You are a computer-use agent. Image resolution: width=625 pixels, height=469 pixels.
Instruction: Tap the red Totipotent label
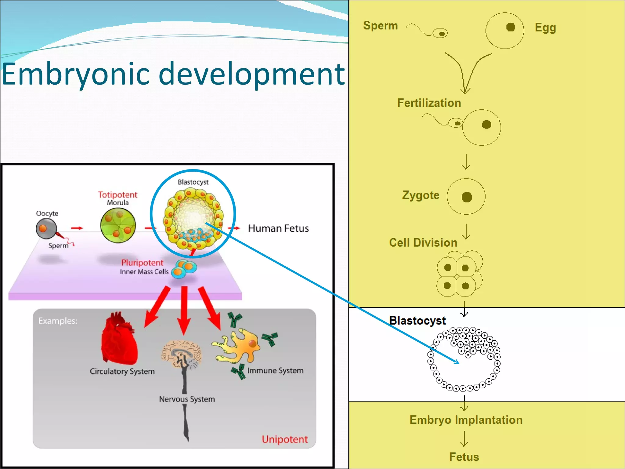pyautogui.click(x=117, y=195)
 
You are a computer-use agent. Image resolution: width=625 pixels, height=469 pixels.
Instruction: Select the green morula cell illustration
pyautogui.click(x=118, y=225)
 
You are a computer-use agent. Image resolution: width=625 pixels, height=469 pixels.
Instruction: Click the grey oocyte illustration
pyautogui.click(x=46, y=229)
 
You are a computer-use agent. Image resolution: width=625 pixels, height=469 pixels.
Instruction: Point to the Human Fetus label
pyautogui.click(x=278, y=228)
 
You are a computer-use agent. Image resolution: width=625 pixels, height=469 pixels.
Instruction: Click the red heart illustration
pyautogui.click(x=120, y=339)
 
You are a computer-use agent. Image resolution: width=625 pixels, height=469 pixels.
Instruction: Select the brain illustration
pyautogui.click(x=182, y=354)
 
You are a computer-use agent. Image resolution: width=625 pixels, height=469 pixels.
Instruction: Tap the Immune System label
pyautogui.click(x=275, y=370)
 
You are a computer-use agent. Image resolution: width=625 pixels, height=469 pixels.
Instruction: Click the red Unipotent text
pyautogui.click(x=284, y=439)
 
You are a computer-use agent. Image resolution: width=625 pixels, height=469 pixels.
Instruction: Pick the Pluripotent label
pyautogui.click(x=142, y=263)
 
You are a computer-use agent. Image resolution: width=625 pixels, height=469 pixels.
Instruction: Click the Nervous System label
pyautogui.click(x=187, y=399)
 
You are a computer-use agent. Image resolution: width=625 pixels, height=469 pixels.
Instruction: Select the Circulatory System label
pyautogui.click(x=122, y=371)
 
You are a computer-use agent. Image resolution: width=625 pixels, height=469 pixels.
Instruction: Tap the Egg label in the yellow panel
pyautogui.click(x=545, y=28)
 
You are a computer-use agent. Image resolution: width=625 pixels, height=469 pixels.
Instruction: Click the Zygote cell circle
pyautogui.click(x=466, y=197)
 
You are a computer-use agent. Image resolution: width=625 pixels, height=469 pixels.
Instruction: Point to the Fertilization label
pyautogui.click(x=429, y=103)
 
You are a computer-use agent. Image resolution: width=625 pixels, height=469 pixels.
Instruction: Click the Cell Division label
pyautogui.click(x=423, y=243)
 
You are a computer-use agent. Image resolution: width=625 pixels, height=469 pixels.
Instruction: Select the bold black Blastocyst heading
pyautogui.click(x=417, y=321)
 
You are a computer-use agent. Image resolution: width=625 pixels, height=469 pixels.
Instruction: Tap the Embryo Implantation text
pyautogui.click(x=466, y=420)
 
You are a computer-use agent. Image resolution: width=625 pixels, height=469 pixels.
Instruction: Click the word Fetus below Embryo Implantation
pyautogui.click(x=464, y=457)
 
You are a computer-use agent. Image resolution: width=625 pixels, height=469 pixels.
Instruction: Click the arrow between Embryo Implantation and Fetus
pyautogui.click(x=464, y=439)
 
